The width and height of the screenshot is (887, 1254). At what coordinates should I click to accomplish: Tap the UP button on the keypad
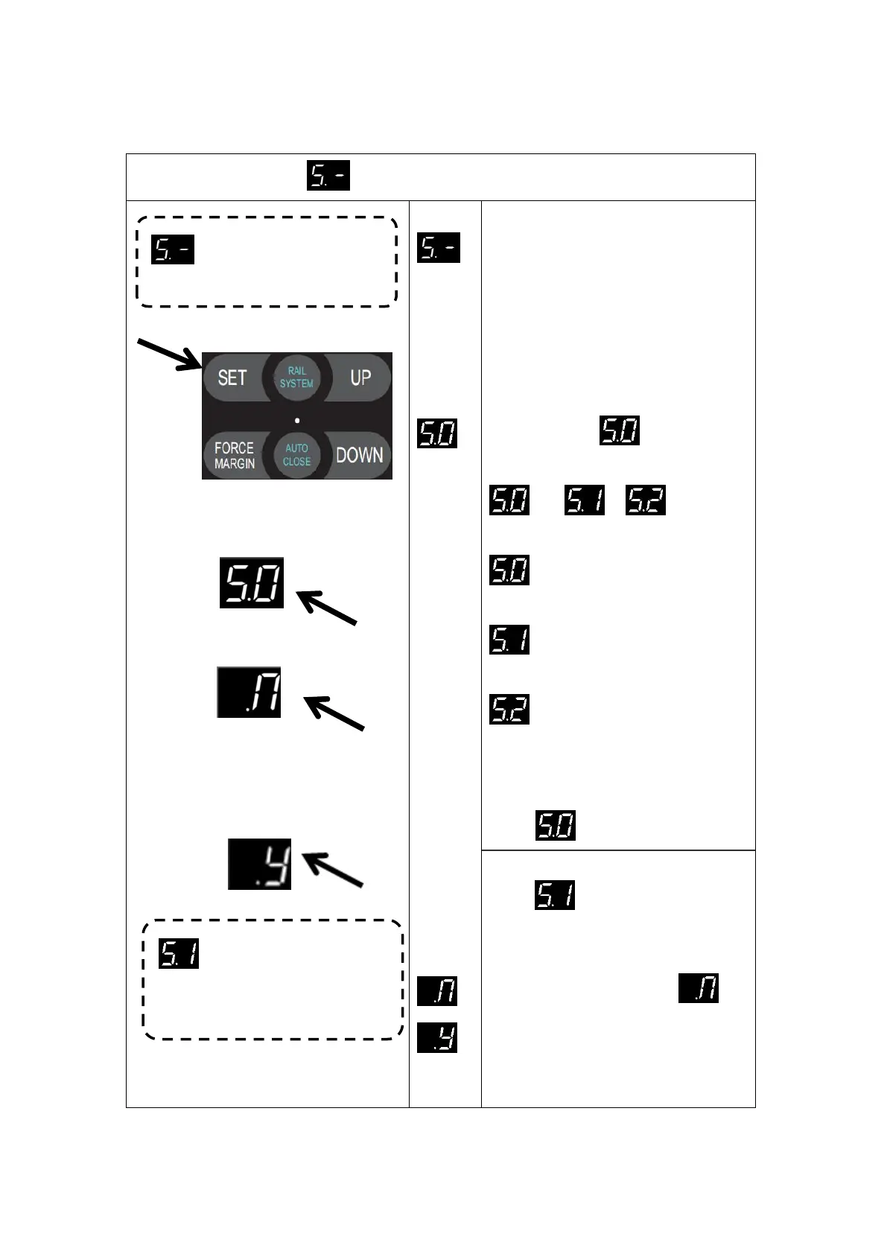click(360, 378)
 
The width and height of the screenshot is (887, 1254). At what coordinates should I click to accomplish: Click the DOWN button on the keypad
click(359, 455)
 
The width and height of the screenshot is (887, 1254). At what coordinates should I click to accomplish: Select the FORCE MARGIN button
click(234, 455)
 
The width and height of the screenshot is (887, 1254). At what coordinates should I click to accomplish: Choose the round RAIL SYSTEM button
click(296, 377)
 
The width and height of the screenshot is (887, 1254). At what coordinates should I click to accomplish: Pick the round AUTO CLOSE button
click(296, 454)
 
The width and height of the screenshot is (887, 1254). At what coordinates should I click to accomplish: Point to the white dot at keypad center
click(297, 420)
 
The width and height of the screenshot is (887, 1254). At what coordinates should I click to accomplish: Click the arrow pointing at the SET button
click(168, 354)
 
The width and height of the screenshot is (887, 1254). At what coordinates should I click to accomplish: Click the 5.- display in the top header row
click(328, 176)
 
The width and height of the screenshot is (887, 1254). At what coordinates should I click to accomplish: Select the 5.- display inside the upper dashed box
click(173, 249)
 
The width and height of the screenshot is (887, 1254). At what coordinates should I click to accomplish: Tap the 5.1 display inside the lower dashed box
click(179, 953)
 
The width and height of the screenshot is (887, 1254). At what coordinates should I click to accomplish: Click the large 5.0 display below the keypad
click(252, 582)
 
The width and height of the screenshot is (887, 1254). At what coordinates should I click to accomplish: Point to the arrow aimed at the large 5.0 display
click(328, 608)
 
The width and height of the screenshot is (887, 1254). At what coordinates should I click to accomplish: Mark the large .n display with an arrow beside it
click(249, 693)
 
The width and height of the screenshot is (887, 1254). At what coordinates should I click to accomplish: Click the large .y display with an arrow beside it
click(259, 865)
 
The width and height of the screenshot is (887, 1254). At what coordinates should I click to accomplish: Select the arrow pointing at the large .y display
click(333, 870)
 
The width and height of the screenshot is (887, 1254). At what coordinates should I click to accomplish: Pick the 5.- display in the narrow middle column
click(439, 247)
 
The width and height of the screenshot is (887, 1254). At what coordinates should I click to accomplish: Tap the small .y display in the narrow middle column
click(437, 1037)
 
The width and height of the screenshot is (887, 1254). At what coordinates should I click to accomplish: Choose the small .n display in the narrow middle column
click(437, 991)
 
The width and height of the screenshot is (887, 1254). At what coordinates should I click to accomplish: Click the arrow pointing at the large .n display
click(334, 713)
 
